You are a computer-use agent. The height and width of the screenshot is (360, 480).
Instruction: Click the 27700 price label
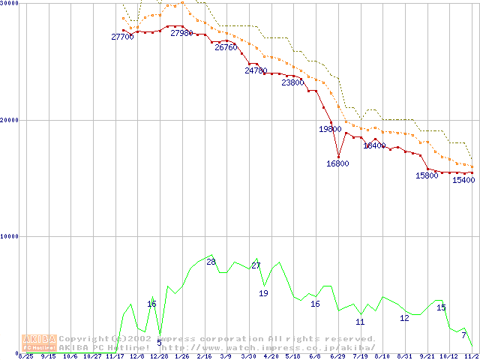(122, 37)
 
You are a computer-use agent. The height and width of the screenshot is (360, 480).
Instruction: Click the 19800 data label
(330, 129)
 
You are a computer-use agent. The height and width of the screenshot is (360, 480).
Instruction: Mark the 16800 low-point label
(337, 163)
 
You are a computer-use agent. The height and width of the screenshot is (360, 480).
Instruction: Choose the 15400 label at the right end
(463, 180)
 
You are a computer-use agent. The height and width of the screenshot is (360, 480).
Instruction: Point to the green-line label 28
(211, 262)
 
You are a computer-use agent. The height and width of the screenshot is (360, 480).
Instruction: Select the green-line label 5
(159, 342)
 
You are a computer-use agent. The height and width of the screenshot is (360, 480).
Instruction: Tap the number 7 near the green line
(463, 334)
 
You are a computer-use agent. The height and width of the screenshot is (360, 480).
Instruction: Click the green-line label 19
(263, 293)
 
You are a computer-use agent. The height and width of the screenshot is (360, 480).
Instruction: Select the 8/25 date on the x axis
(25, 356)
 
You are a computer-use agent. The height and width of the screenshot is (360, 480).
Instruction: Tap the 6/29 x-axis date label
(337, 356)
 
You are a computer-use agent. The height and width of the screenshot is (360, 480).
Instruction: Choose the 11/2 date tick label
(471, 356)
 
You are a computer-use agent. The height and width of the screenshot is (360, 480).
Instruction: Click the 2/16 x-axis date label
(204, 356)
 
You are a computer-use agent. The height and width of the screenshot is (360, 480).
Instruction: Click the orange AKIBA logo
(39, 342)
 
